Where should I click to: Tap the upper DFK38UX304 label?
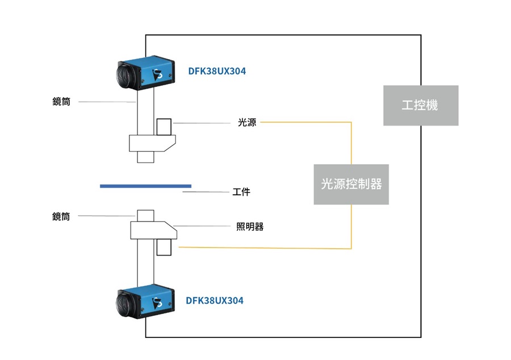click(217, 72)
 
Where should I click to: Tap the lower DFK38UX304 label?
click(215, 300)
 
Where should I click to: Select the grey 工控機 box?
click(420, 106)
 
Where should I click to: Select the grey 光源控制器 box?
click(351, 185)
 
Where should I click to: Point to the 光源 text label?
click(247, 122)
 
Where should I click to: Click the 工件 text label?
click(241, 192)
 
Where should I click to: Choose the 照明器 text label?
click(250, 227)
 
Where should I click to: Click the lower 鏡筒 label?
click(61, 216)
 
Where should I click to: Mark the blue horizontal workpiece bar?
click(145, 186)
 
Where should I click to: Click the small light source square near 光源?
click(165, 126)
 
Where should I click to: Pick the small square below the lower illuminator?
click(165, 247)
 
